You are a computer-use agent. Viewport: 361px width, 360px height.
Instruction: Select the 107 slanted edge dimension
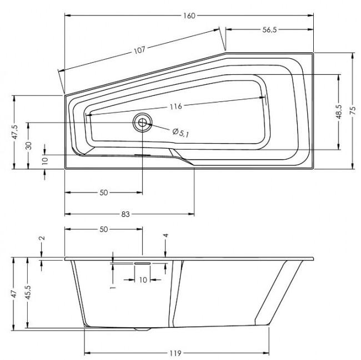139,50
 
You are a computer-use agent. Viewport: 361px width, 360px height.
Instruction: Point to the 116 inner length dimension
176,106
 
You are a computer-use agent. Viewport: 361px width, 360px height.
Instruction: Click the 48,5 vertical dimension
345,111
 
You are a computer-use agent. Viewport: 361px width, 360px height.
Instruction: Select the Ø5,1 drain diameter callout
180,132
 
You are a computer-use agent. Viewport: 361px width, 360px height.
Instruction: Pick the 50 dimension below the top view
103,192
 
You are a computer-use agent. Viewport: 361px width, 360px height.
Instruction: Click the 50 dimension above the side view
103,229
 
